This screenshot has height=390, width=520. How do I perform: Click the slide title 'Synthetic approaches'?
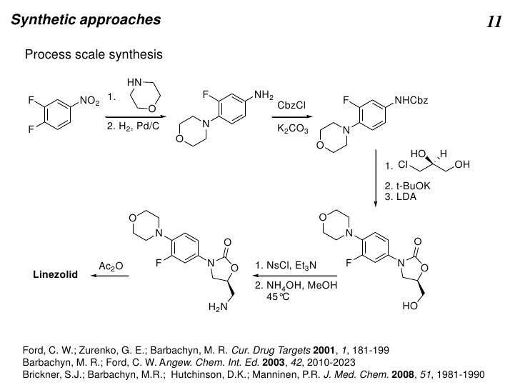pos(85,20)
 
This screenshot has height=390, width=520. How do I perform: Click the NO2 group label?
pos(89,101)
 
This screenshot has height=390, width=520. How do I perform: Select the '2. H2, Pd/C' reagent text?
pos(131,129)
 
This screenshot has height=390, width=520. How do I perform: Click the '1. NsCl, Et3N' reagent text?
pos(285,266)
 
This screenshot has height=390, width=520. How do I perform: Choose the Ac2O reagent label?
pos(111,266)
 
